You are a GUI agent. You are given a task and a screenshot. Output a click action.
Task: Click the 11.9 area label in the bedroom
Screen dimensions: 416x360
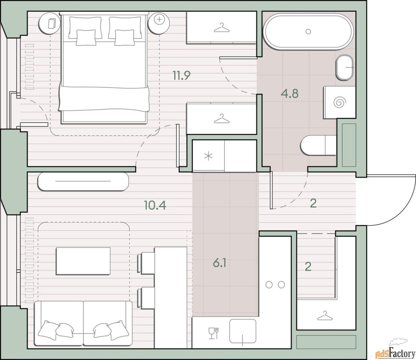[x=182, y=76]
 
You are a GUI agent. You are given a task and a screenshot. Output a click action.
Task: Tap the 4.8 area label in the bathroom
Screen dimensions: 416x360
[x=290, y=94]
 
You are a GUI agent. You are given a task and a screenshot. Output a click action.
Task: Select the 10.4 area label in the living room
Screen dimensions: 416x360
[x=155, y=205]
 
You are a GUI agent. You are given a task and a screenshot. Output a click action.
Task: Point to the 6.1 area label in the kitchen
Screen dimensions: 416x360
[x=219, y=263]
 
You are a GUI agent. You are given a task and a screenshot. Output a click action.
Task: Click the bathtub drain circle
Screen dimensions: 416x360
[x=308, y=31]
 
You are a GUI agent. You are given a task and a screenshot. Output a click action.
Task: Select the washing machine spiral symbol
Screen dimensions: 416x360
[x=340, y=102]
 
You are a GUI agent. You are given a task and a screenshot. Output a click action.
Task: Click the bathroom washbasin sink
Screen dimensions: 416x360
[x=344, y=68]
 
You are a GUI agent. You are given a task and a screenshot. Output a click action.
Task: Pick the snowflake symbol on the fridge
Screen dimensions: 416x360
[x=208, y=156]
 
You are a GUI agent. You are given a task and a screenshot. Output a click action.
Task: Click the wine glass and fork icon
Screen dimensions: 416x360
[x=214, y=333]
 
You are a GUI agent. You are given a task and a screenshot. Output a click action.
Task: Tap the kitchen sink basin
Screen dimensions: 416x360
[x=243, y=331]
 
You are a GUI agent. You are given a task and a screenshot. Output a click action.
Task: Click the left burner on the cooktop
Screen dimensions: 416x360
[x=269, y=285]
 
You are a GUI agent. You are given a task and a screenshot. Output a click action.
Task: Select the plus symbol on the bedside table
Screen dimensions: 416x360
[x=159, y=19]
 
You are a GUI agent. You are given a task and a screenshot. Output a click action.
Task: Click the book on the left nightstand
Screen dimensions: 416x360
[x=52, y=23]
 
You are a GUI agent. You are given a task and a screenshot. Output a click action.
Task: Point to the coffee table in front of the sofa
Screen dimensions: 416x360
[x=83, y=261]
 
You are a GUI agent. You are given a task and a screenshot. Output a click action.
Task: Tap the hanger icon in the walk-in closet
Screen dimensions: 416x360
[x=325, y=316]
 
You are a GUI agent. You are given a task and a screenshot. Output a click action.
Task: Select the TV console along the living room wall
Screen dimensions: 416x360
[x=83, y=182]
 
